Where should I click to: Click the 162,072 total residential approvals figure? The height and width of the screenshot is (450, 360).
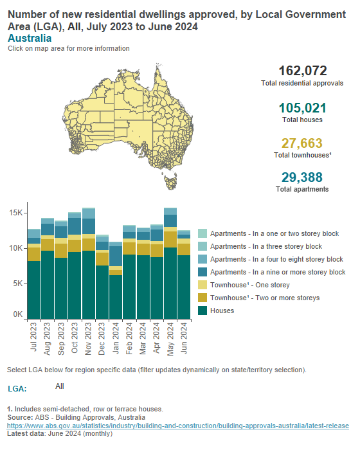[302, 71]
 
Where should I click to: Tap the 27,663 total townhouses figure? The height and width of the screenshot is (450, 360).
[302, 143]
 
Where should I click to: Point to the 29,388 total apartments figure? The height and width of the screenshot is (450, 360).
[302, 177]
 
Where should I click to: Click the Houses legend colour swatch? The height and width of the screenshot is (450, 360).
[203, 310]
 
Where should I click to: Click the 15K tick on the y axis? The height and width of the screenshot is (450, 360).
[15, 213]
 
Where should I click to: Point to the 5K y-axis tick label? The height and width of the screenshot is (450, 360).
[17, 283]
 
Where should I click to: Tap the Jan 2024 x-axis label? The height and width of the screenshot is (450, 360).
[116, 337]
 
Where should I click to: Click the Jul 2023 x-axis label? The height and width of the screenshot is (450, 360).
[34, 337]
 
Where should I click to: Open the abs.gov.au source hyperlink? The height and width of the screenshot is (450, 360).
[177, 426]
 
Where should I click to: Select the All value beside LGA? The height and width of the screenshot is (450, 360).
[60, 386]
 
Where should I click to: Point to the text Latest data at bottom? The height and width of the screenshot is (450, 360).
[25, 435]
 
